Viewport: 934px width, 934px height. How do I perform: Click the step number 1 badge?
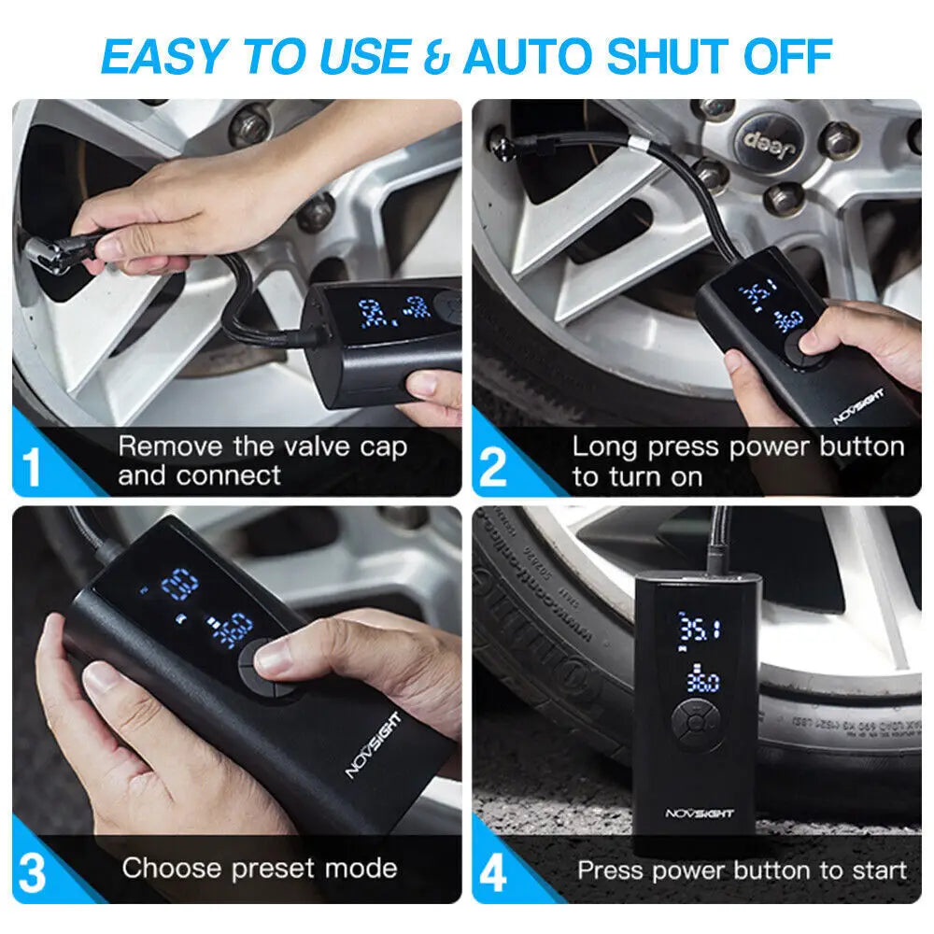pos(33,468)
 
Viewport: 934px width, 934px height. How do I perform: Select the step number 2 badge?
pos(492,468)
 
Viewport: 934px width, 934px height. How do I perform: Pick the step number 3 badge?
pos(33,873)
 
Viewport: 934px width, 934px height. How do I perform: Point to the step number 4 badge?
pos(492,873)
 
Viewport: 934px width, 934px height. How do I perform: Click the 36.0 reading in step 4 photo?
pos(700,681)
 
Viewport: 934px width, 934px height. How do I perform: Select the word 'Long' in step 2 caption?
pos(603,446)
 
